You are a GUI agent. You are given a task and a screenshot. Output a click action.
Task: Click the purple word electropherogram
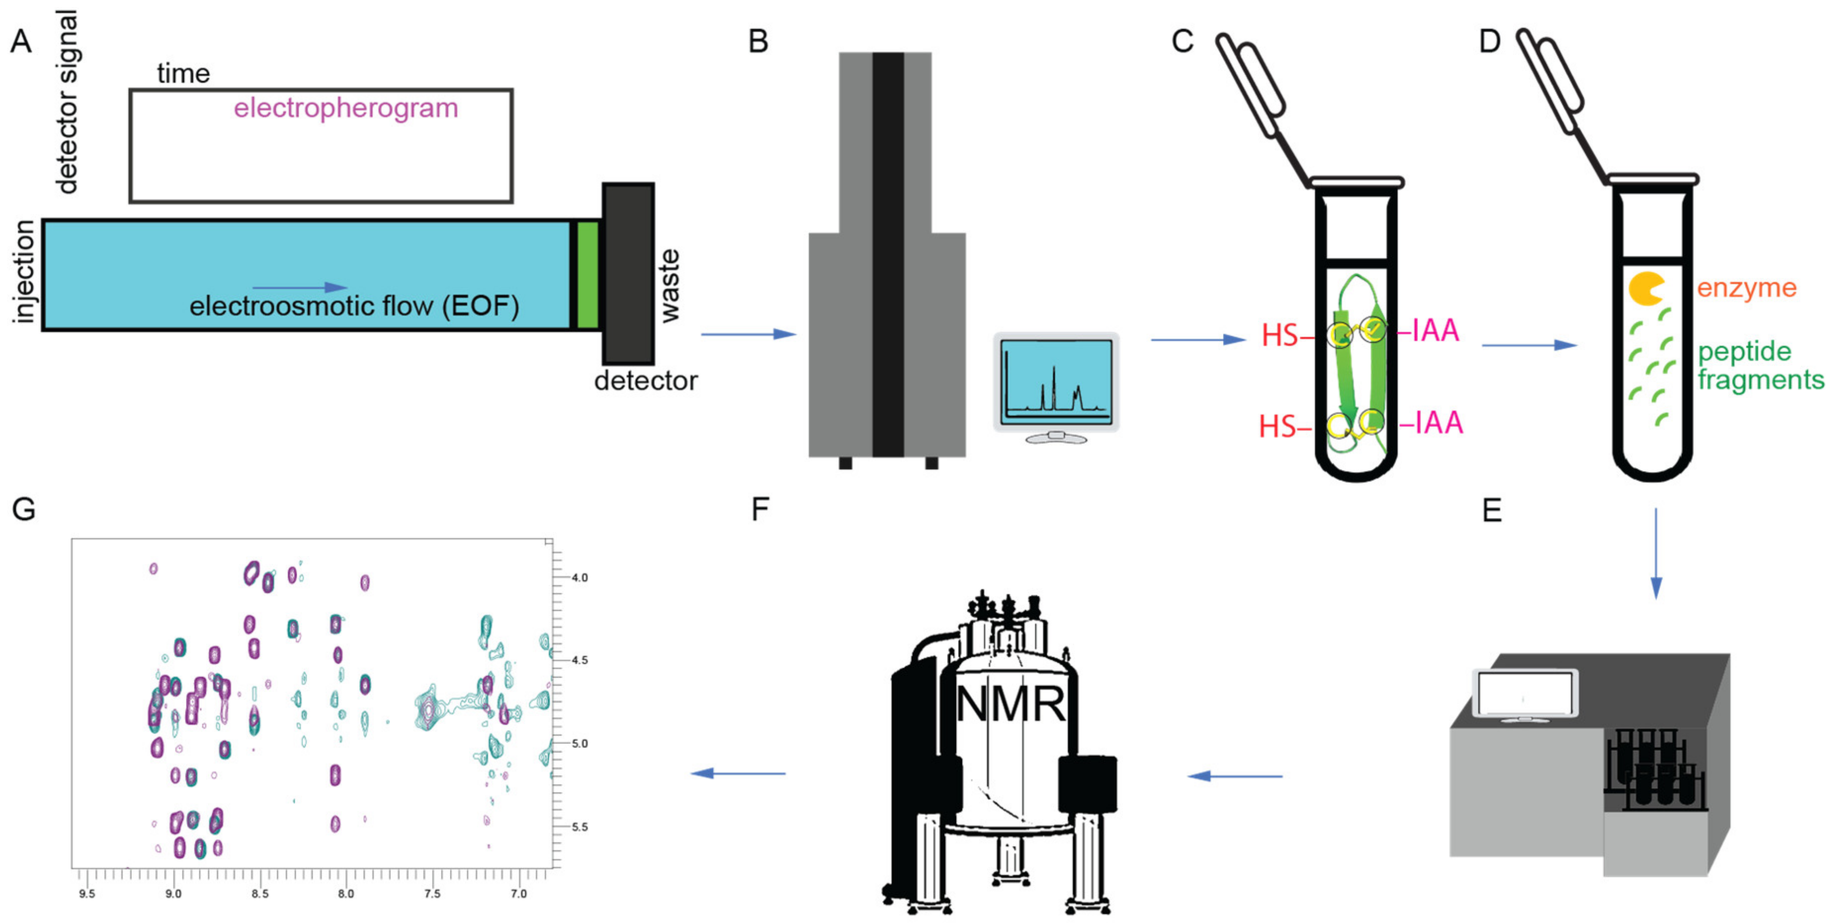click(346, 108)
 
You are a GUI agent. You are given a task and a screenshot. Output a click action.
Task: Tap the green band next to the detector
click(587, 275)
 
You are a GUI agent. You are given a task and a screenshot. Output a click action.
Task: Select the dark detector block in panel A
click(628, 274)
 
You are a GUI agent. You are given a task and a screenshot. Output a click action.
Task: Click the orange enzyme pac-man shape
click(1645, 289)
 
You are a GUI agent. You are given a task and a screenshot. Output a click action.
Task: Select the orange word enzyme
click(1746, 288)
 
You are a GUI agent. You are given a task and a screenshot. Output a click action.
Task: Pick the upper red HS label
click(1280, 335)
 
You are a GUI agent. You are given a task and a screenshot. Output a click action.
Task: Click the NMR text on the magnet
click(1010, 705)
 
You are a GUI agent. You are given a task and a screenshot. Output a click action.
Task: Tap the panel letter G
click(23, 509)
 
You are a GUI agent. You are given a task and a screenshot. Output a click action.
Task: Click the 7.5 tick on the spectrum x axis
click(432, 893)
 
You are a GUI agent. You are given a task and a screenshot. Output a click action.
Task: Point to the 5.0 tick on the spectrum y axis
click(579, 744)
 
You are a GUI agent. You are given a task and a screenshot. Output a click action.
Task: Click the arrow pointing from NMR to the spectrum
click(739, 773)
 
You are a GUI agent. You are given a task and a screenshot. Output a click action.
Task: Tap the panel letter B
click(759, 41)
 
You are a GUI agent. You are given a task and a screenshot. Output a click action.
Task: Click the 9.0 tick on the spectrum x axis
click(173, 893)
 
